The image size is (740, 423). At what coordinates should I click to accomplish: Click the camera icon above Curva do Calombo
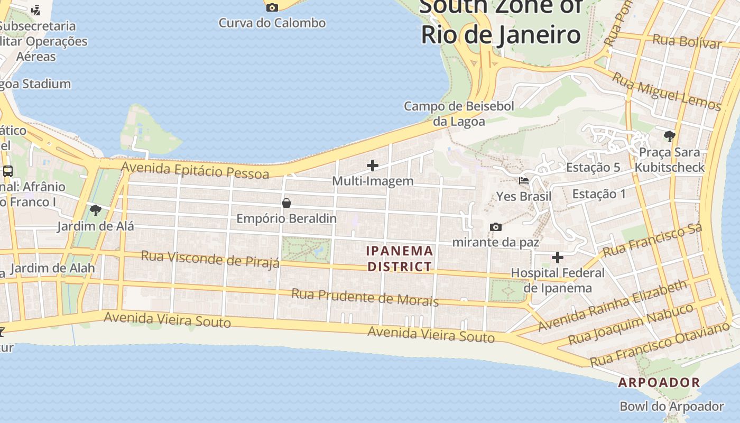tap(272, 7)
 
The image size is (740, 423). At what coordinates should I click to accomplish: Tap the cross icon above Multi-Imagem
tap(373, 165)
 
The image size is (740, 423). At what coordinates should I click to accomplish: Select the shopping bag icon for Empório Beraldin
tap(286, 203)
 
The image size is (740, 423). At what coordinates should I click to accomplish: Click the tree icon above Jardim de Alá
tap(96, 211)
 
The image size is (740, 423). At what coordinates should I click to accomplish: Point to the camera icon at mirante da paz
tap(496, 227)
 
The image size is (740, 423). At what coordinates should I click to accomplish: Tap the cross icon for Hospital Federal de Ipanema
tap(558, 258)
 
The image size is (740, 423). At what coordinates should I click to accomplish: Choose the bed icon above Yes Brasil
tap(524, 181)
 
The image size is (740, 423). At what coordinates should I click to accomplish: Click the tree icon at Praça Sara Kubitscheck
tap(670, 136)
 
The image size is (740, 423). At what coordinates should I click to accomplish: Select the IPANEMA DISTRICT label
tap(400, 259)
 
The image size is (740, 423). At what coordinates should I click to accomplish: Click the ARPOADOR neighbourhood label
tap(659, 382)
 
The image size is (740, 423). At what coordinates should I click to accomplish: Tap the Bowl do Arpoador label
tap(671, 407)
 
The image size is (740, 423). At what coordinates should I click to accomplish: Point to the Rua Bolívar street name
tap(687, 41)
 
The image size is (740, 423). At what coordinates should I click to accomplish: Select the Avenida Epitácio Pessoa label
tap(195, 170)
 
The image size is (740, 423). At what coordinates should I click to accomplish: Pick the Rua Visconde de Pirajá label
tap(210, 260)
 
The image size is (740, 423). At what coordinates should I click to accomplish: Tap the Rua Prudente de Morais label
tap(365, 297)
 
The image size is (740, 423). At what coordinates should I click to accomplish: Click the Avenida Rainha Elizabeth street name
tap(613, 306)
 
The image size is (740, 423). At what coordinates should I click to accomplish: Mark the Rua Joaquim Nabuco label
tap(631, 323)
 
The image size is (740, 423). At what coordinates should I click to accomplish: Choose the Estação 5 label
tap(593, 168)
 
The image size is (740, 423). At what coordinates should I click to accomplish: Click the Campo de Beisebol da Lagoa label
tap(459, 114)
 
